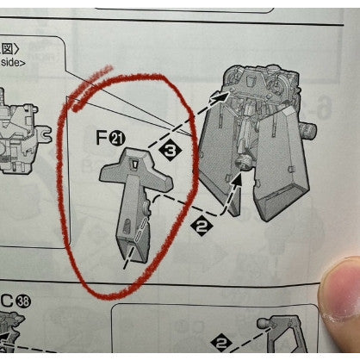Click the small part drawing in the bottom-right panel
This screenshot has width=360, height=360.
pos(284,332)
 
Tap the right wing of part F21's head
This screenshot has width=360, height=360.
pos(159,180)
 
